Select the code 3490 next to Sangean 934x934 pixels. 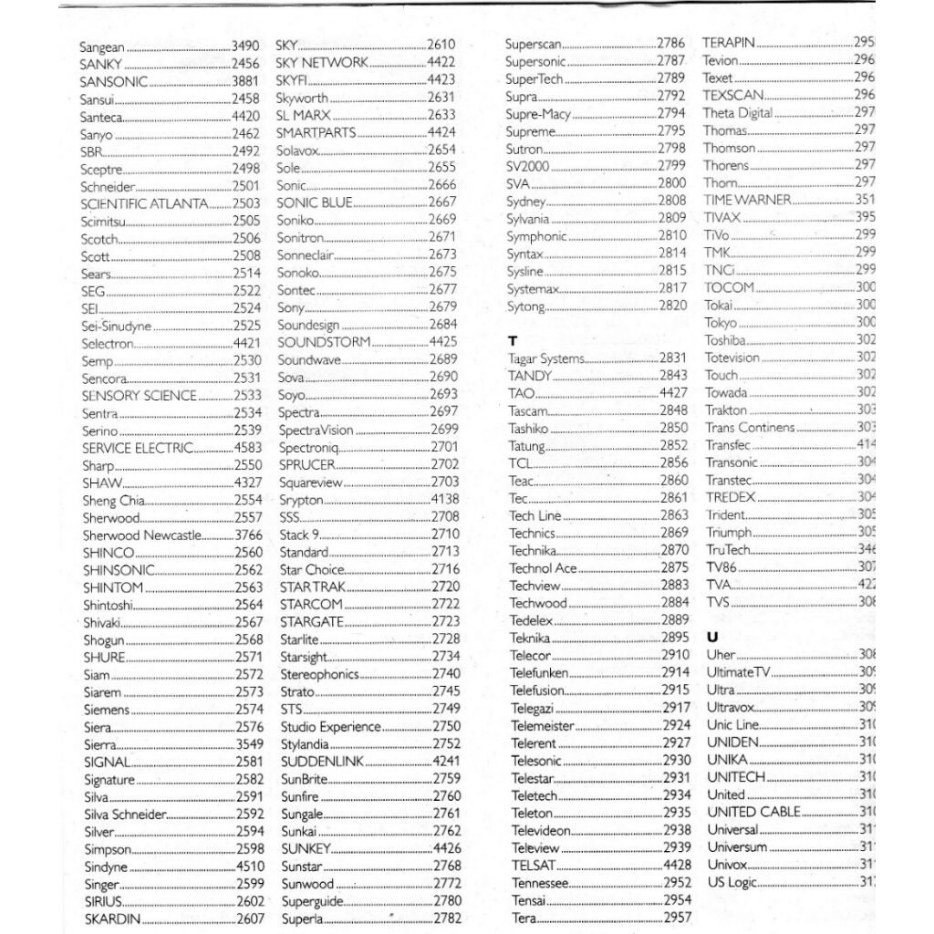[246, 46]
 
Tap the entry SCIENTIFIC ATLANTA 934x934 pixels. [144, 203]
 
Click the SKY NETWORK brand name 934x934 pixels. [322, 62]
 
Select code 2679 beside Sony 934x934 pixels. [442, 307]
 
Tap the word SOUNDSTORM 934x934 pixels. [324, 342]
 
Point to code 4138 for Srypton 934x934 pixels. [444, 500]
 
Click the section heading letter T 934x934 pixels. [513, 340]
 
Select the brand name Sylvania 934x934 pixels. [528, 219]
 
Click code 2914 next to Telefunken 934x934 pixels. [675, 672]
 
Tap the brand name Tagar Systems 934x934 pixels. [546, 358]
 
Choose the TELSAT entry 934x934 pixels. [534, 865]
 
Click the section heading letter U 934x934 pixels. [712, 637]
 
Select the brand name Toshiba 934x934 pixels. [726, 340]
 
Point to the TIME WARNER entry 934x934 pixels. [747, 200]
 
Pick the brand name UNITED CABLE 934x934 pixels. [753, 812]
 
